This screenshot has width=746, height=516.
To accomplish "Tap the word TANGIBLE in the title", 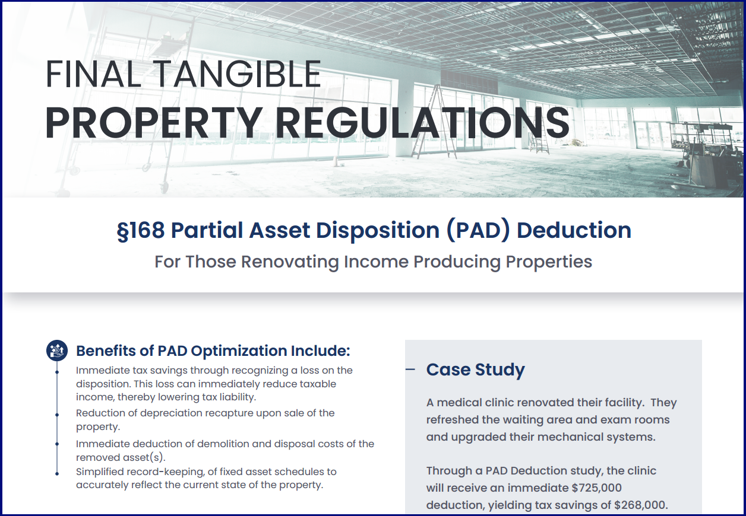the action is point(237,74).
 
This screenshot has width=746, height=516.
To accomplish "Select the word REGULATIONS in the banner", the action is point(422,122).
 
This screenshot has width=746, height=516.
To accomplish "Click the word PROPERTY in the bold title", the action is point(153,122).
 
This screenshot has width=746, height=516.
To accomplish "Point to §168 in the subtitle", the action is point(141,230).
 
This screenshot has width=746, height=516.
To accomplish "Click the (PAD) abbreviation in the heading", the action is point(478,230).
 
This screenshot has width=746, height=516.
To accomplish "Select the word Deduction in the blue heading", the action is point(574,230).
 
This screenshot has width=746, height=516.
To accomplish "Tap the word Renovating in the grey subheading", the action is point(290,262).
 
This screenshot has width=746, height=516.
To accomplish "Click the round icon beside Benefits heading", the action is point(57,351).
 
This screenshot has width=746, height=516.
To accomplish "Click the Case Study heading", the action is point(475,370).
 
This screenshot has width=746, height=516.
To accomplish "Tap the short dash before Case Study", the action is point(410,369).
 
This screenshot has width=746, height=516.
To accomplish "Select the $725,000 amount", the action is point(596,488).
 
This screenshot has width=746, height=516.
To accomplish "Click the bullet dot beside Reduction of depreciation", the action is point(57,415).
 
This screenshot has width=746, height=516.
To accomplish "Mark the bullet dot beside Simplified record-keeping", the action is point(57,473).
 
